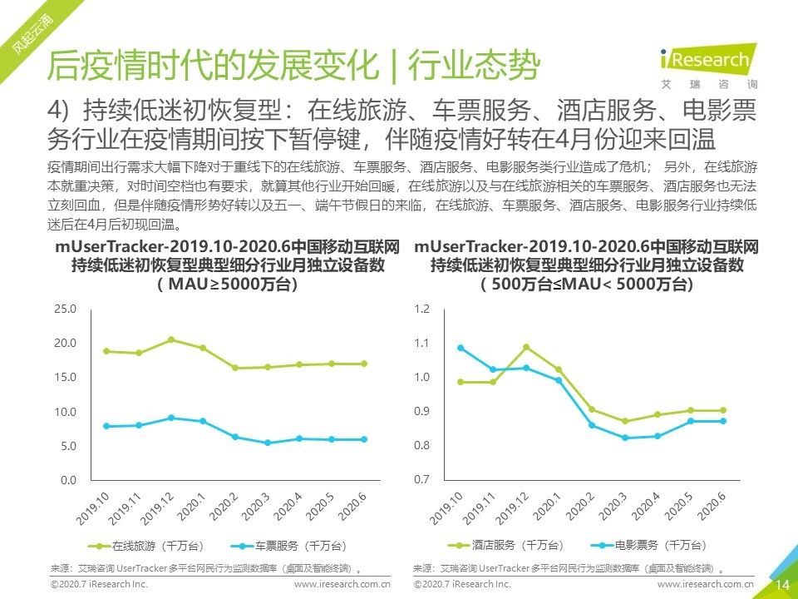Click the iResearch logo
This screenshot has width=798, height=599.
click(x=717, y=62)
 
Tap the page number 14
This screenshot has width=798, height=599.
click(x=782, y=585)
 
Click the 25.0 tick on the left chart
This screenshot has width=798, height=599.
click(x=65, y=309)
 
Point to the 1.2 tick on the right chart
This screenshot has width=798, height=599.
click(x=423, y=309)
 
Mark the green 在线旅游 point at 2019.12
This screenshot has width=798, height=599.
click(x=171, y=339)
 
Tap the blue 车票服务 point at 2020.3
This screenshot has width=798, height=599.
click(x=268, y=443)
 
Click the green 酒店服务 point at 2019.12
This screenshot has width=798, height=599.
click(x=526, y=347)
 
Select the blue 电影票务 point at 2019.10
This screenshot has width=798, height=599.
click(x=461, y=348)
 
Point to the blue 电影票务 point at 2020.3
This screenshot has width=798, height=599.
click(x=624, y=438)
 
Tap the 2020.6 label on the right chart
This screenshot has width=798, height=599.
click(x=713, y=506)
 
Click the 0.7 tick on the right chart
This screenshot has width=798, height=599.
click(x=423, y=480)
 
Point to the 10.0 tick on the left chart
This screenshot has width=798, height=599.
click(x=65, y=412)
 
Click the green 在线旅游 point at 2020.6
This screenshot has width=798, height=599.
click(x=363, y=364)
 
